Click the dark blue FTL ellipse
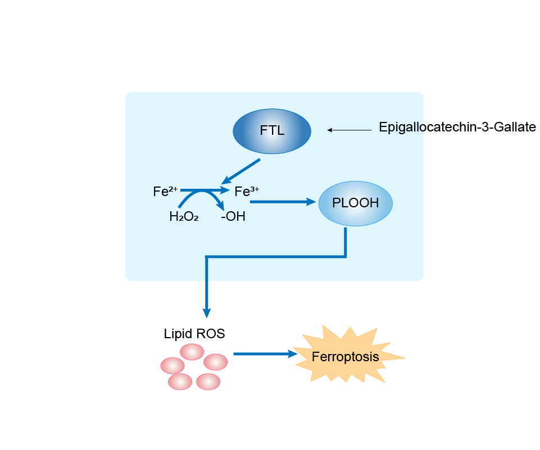click(272, 131)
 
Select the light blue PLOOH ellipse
click(355, 203)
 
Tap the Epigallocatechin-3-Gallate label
click(457, 128)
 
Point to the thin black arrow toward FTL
click(350, 130)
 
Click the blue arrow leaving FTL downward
click(242, 171)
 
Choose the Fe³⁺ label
click(246, 192)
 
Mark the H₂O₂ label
click(184, 216)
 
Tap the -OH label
click(233, 216)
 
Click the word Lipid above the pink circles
click(177, 334)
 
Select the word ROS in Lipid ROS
click(210, 334)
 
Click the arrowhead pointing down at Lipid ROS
click(207, 311)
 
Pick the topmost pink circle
click(192, 352)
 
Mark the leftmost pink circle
click(172, 365)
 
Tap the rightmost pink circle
click(215, 362)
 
